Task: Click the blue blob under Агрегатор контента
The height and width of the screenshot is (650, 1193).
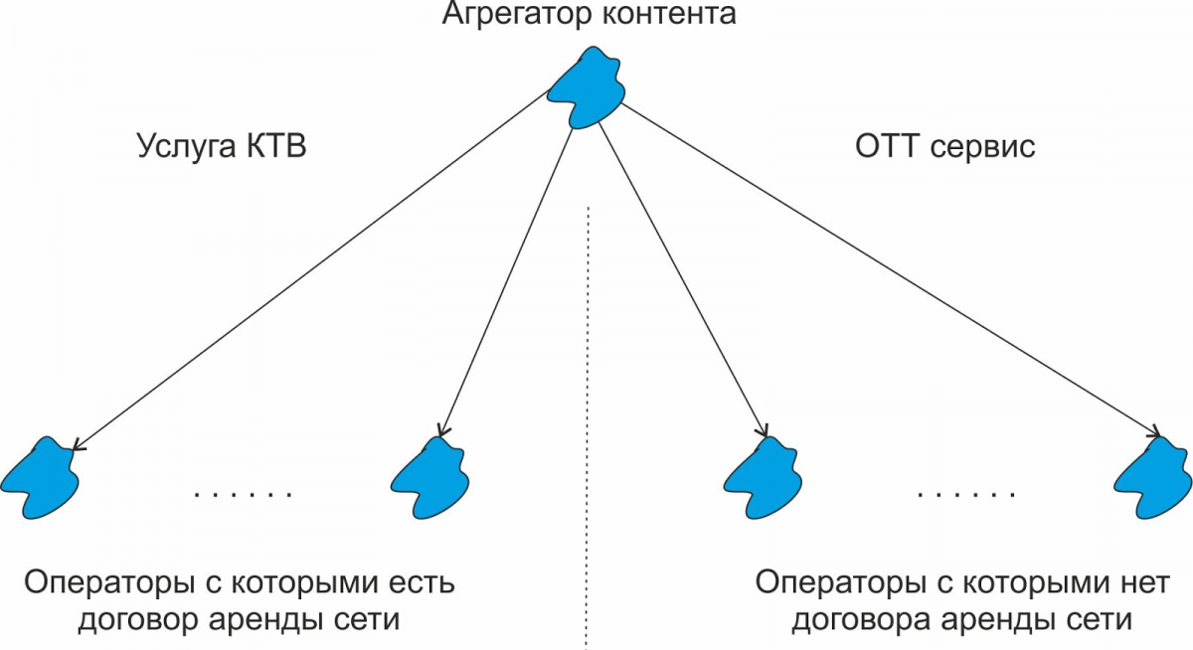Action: coord(589,90)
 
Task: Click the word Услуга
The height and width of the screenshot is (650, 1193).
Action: coord(184,148)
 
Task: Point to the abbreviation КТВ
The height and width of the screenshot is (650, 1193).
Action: coord(273,147)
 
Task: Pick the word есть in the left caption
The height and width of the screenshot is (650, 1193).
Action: coord(417,582)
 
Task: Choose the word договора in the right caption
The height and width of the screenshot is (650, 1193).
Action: coord(876,621)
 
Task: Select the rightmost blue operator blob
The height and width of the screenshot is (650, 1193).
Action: coord(1152,476)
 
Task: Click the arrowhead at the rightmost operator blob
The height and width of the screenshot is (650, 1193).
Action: coord(1155,433)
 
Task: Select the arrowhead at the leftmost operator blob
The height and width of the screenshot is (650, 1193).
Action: coord(78,446)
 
